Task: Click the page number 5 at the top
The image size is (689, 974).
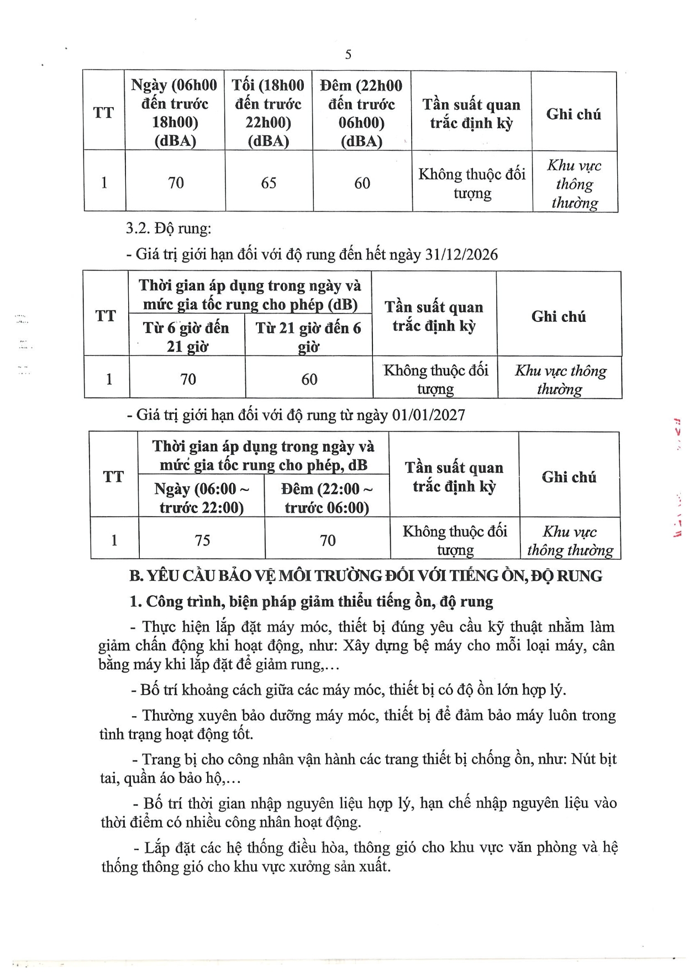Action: pyautogui.click(x=348, y=54)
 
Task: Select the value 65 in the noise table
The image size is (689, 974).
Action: pyautogui.click(x=269, y=183)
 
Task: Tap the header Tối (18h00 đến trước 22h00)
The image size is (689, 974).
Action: pyautogui.click(x=268, y=113)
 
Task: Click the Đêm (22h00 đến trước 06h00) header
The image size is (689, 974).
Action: pyautogui.click(x=361, y=113)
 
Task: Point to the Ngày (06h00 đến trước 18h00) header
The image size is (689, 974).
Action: pyautogui.click(x=175, y=113)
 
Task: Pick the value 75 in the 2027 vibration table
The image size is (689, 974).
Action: pyautogui.click(x=202, y=539)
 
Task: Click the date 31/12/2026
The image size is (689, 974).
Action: pyautogui.click(x=461, y=255)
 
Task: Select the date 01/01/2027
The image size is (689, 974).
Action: pyautogui.click(x=428, y=415)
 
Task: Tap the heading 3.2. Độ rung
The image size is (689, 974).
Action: pyautogui.click(x=169, y=228)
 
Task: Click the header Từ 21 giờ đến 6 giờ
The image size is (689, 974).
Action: pyautogui.click(x=308, y=337)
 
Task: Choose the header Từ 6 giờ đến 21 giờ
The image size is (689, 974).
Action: pyautogui.click(x=186, y=337)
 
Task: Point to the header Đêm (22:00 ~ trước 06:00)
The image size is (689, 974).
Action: pyautogui.click(x=327, y=498)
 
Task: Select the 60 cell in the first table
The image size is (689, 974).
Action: pyautogui.click(x=362, y=183)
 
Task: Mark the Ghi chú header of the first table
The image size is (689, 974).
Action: pyautogui.click(x=574, y=114)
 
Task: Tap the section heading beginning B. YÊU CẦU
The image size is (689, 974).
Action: pyautogui.click(x=365, y=576)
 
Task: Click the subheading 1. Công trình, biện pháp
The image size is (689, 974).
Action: pyautogui.click(x=311, y=601)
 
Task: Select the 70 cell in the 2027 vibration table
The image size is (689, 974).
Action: pyautogui.click(x=328, y=539)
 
